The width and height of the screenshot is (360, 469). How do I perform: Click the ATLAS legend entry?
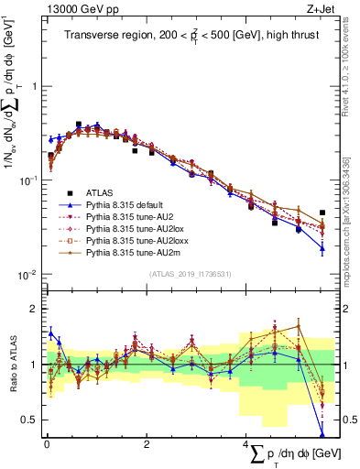102,192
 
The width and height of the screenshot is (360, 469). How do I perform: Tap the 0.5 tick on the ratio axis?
31,420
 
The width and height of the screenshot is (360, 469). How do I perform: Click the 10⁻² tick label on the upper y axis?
27,275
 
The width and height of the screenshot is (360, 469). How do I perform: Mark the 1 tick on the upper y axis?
33,86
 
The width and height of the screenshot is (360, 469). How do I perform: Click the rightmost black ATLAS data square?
322,213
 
